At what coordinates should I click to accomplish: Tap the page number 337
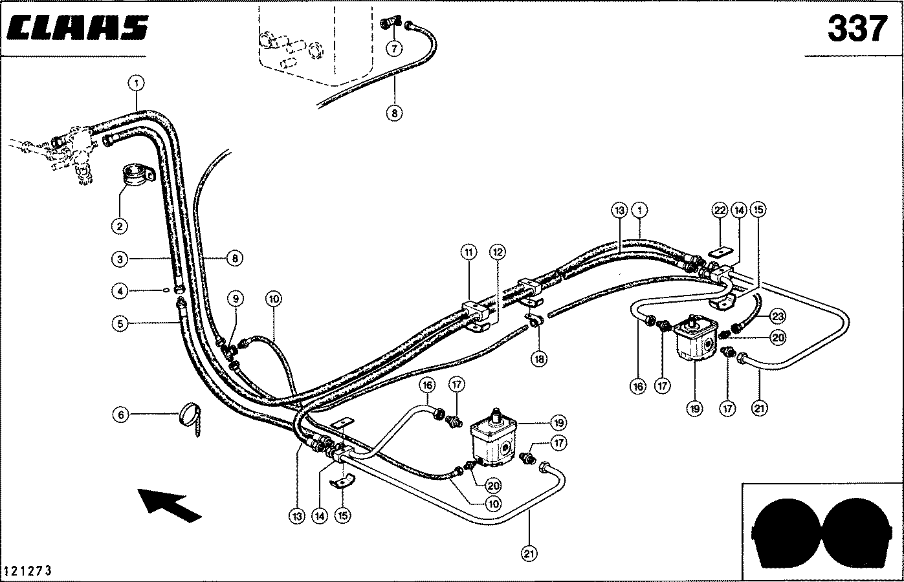tap(857, 28)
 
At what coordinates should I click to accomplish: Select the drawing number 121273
tap(28, 571)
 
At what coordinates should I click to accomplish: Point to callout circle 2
tap(120, 226)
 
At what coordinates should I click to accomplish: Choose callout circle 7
tap(394, 48)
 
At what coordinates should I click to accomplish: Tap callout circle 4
tap(120, 292)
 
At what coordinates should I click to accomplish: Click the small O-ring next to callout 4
tap(166, 290)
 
